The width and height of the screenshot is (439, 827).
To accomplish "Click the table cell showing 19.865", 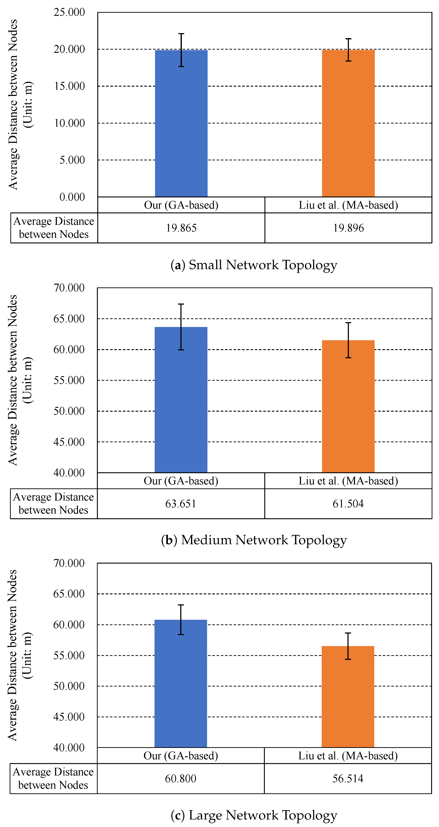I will click(181, 228).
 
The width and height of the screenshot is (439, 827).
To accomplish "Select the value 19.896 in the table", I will click(348, 228).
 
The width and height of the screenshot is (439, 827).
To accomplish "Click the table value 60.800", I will click(181, 779).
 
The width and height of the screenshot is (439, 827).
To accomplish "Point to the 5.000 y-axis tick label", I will click(72, 160).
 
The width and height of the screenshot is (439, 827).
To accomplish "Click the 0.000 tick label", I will click(72, 197).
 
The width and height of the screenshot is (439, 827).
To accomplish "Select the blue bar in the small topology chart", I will click(181, 128).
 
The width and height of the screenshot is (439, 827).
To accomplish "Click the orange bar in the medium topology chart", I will click(348, 408).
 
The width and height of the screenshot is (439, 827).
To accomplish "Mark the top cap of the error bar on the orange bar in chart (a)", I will click(348, 39).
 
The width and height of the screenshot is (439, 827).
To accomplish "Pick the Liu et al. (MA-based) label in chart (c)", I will click(348, 756).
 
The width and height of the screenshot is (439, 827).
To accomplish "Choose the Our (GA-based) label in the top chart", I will click(181, 205).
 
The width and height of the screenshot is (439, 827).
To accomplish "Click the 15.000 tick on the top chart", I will click(69, 86).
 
